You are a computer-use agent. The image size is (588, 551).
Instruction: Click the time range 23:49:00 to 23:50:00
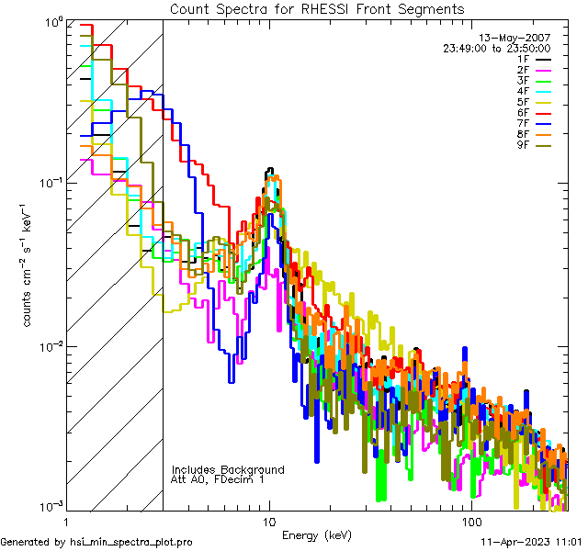[x=496, y=48]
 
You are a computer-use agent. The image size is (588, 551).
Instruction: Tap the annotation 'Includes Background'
[x=228, y=469]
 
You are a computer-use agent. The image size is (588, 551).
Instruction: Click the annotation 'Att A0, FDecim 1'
[x=218, y=479]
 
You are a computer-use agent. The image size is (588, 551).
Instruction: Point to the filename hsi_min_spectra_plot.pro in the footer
[x=131, y=542]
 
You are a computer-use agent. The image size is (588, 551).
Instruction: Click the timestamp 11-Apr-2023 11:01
[x=532, y=542]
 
